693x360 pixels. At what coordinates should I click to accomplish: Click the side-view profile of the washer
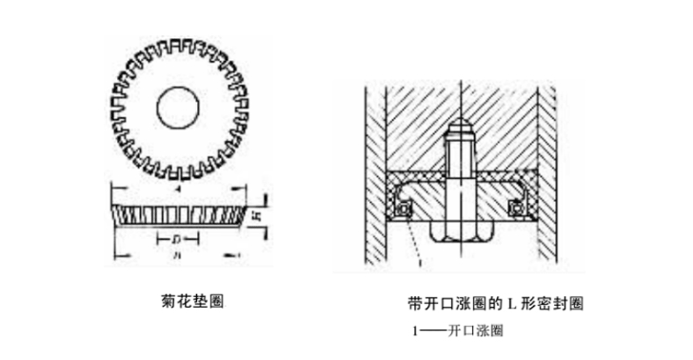tap(178, 214)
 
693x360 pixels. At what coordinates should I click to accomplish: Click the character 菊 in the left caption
tap(169, 302)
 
